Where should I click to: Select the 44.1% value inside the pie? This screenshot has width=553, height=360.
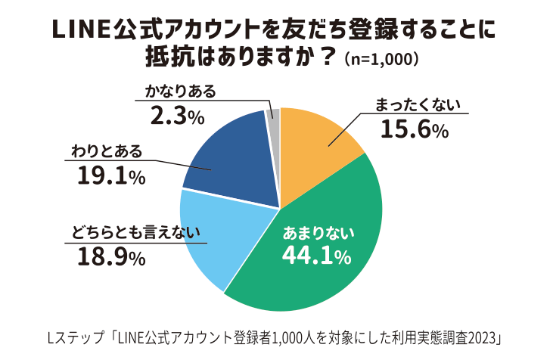pos(316,256)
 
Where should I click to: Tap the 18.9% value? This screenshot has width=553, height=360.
pos(111,257)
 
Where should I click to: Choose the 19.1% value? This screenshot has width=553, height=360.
pos(111,176)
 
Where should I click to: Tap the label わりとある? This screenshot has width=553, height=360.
pos(107,152)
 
